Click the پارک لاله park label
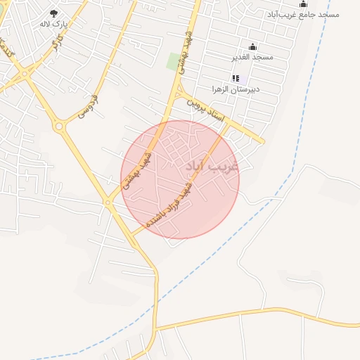point(54,24)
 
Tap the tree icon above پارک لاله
point(54,13)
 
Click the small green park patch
point(173,62)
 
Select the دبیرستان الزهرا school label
point(236,89)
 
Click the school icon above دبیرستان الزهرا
point(236,78)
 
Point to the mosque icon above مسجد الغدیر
point(252,46)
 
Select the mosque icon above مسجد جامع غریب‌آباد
point(304,4)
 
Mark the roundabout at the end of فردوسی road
point(58,127)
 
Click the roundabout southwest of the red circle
point(108,202)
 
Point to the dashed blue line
point(281,183)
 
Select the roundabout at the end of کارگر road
point(25,72)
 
